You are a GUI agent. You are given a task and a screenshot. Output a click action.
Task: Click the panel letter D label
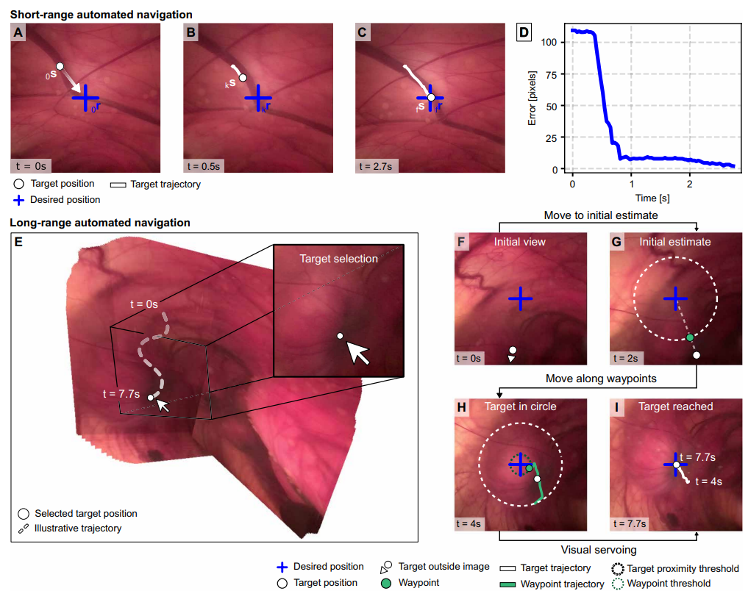pos(524,32)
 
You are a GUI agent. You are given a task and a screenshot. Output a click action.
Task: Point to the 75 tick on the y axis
pos(552,74)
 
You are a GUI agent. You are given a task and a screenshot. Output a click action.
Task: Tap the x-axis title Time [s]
pos(652,198)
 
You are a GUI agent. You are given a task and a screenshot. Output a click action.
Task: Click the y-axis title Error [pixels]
pos(532,98)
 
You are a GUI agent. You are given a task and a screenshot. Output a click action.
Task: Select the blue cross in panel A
pos(85,98)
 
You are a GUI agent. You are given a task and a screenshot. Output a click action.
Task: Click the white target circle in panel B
pos(243,78)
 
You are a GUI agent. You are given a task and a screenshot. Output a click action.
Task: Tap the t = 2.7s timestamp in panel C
pos(376,166)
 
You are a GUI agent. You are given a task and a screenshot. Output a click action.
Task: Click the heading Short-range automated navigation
pos(101,15)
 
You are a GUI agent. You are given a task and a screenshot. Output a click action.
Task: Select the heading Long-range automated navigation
pos(100,223)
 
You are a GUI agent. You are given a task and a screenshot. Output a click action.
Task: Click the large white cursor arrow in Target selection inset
pos(357,353)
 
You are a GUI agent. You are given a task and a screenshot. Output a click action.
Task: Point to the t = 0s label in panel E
pos(144,304)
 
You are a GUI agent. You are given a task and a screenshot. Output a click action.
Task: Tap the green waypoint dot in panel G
pos(690,337)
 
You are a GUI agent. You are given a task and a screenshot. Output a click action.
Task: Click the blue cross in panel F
pos(520,299)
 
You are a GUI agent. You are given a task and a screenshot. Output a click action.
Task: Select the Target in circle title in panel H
pos(521,406)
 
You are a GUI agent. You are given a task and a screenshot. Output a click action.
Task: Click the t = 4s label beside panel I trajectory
pos(709,481)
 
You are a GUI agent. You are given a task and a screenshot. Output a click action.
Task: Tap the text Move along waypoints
pos(601,379)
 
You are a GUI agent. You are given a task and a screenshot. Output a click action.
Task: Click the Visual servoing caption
pos(599,550)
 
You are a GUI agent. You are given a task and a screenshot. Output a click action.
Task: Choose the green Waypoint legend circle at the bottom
pos(386,584)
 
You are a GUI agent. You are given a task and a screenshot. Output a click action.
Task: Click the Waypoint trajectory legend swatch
pos(507,584)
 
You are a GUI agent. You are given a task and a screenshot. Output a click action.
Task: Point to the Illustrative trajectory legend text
pos(78,528)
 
